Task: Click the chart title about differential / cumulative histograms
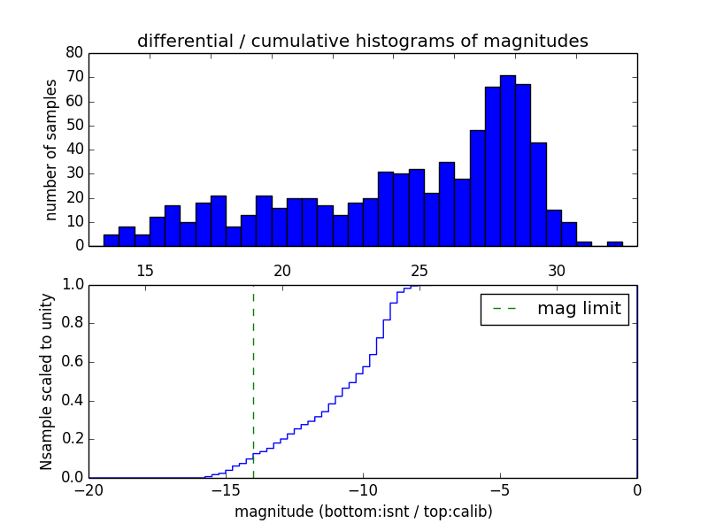pyautogui.click(x=363, y=42)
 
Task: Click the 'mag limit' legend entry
pyautogui.click(x=555, y=309)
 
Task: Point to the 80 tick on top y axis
pyautogui.click(x=75, y=53)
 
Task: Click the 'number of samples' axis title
pyautogui.click(x=51, y=150)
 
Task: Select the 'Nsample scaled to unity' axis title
pyautogui.click(x=46, y=381)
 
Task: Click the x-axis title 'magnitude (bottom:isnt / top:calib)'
pyautogui.click(x=363, y=512)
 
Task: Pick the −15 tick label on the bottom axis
pyautogui.click(x=226, y=489)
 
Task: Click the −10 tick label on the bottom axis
pyautogui.click(x=363, y=489)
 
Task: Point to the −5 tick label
pyautogui.click(x=500, y=489)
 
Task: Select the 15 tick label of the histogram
pyautogui.click(x=145, y=270)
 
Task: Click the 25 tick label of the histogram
pyautogui.click(x=419, y=270)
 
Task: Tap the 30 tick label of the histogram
pyautogui.click(x=556, y=270)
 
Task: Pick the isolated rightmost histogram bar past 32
pyautogui.click(x=614, y=243)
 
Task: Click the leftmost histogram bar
pyautogui.click(x=111, y=240)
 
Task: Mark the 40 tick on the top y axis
pyautogui.click(x=75, y=150)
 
